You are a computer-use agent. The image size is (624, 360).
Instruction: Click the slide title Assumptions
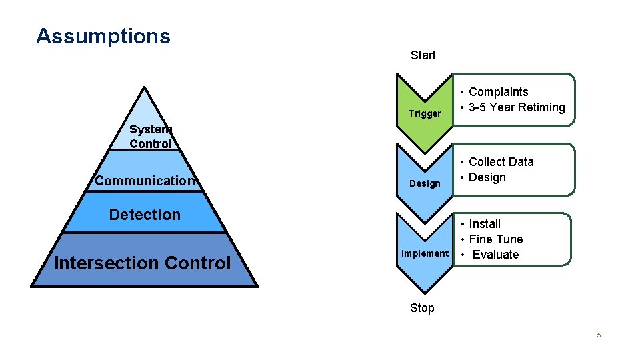click(x=103, y=36)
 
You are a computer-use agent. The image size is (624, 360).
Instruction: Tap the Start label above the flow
click(x=423, y=55)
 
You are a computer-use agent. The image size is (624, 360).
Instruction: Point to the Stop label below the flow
click(x=422, y=308)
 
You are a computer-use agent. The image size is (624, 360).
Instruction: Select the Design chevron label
click(x=425, y=183)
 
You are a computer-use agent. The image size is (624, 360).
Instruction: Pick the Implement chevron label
click(x=425, y=253)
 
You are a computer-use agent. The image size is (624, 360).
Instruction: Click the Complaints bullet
click(x=498, y=92)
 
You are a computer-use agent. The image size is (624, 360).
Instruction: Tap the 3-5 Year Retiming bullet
click(x=517, y=107)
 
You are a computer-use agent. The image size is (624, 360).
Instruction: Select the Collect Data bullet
click(x=501, y=162)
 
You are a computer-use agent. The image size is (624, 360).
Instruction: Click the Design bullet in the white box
click(x=487, y=177)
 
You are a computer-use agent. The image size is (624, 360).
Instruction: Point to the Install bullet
click(x=485, y=224)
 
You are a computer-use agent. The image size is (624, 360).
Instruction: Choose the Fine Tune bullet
click(x=495, y=239)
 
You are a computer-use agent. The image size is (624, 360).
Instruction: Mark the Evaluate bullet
click(x=495, y=255)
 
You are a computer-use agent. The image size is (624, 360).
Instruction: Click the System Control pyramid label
click(x=151, y=137)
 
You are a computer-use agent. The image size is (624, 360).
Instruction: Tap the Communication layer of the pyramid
click(x=145, y=181)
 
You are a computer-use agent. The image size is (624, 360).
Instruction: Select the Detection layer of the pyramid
click(x=145, y=215)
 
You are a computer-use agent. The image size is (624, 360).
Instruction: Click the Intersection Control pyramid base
click(x=143, y=263)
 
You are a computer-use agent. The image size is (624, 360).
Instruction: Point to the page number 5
click(x=599, y=335)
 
